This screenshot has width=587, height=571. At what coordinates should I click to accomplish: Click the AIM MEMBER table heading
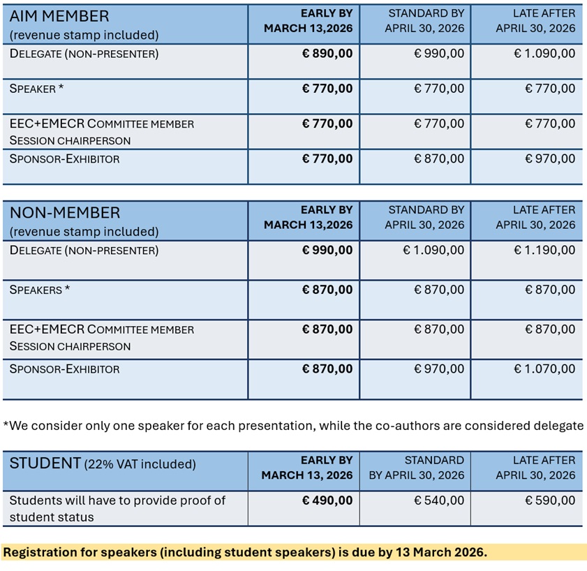coord(59,16)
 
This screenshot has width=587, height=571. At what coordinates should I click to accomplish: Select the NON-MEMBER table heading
coord(65,213)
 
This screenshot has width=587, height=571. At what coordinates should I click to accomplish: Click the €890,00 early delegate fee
coord(327,53)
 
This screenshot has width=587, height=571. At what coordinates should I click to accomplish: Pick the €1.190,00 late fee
coord(544,250)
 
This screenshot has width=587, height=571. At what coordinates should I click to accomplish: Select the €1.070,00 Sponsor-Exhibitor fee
coord(544,369)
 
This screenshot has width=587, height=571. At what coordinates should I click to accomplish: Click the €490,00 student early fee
coord(327,500)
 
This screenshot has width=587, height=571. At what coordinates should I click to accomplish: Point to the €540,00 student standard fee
coord(439,500)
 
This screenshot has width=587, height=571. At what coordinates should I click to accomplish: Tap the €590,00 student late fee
coord(550,500)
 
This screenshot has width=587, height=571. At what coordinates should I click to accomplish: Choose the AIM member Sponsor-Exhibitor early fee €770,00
coord(327,158)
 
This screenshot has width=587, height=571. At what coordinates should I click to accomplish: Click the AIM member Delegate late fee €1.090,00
coord(544,53)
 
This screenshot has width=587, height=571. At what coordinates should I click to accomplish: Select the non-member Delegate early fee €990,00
coord(327,250)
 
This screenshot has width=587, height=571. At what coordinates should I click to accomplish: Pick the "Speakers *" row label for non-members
coord(40,290)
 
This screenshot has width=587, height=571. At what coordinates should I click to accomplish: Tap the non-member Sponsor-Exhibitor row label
coord(64,369)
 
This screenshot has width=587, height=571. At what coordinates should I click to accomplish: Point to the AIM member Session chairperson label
coord(70,140)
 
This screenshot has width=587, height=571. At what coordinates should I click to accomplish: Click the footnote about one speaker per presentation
coord(293,425)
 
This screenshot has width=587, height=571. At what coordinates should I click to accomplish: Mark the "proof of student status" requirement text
coord(117,508)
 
